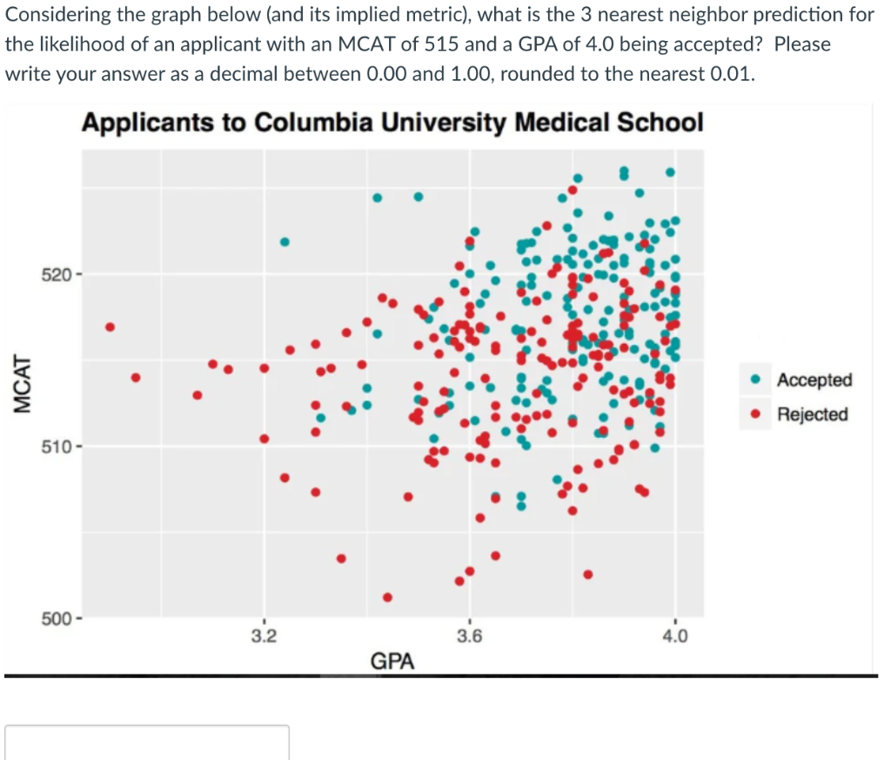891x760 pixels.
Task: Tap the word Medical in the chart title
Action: tap(554, 122)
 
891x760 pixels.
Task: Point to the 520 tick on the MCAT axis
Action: tap(61, 276)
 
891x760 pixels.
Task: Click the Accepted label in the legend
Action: tap(814, 380)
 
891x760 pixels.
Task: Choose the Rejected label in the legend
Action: tap(813, 414)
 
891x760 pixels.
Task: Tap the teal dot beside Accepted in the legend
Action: tap(757, 380)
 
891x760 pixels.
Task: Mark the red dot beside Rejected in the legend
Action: tap(757, 414)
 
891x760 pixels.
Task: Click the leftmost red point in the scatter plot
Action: tap(110, 327)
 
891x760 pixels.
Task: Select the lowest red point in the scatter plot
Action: tap(387, 597)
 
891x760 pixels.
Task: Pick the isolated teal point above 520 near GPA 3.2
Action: tap(285, 241)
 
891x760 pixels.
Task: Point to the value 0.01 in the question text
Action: tap(727, 73)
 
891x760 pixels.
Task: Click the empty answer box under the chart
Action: tap(147, 743)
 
